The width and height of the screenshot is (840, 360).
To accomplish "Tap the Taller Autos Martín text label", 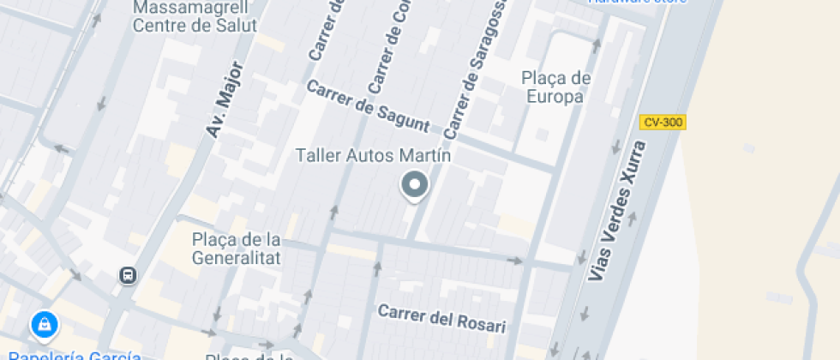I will [x=373, y=156].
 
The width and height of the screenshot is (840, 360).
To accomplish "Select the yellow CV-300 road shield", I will [x=663, y=123].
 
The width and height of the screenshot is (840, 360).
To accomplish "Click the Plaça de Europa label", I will [x=556, y=87].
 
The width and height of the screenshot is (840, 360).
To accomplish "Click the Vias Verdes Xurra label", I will [x=617, y=211].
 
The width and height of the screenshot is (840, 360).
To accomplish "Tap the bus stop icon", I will [x=128, y=275].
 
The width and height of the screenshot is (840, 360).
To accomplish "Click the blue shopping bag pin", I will [x=44, y=325].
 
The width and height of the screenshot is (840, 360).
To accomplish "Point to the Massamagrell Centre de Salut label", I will [x=195, y=16].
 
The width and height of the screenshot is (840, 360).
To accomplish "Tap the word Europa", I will [x=555, y=96].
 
